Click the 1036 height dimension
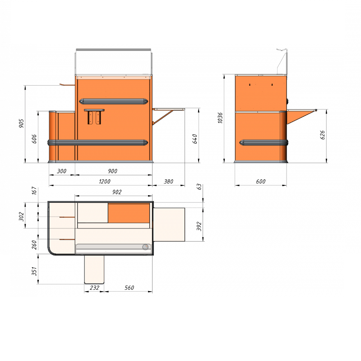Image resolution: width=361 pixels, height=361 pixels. (220, 118)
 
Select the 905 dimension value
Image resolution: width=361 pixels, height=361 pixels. (21, 123)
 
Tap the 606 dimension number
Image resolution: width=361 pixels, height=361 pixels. (34, 139)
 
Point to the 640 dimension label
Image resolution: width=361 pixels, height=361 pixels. (195, 139)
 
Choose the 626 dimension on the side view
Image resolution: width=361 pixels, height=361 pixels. (323, 135)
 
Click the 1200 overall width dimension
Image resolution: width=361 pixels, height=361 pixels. (104, 182)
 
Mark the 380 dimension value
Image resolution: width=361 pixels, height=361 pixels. (168, 182)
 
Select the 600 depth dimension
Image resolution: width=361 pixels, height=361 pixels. (261, 182)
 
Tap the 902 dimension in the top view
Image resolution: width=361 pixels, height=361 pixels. (117, 192)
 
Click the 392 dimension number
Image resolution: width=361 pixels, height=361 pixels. (199, 226)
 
